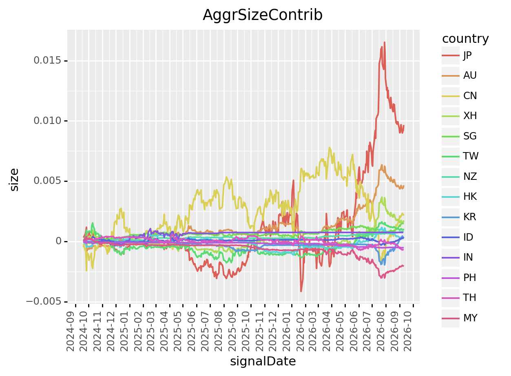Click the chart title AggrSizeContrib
(x=263, y=15)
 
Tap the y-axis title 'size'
(x=14, y=180)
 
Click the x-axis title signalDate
(x=263, y=362)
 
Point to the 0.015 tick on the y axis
(x=47, y=60)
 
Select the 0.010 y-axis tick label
(x=47, y=121)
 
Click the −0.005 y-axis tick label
(x=44, y=302)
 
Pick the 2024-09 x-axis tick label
(x=71, y=331)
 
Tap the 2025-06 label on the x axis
(x=191, y=331)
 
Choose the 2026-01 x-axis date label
(x=287, y=331)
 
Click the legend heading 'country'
(x=465, y=39)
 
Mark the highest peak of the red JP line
(x=385, y=42)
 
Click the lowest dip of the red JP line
(x=301, y=291)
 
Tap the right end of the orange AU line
(x=404, y=186)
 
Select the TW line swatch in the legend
(x=451, y=157)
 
